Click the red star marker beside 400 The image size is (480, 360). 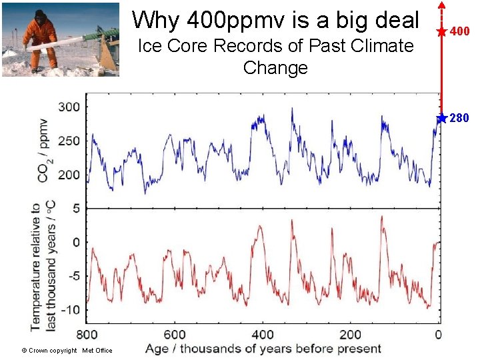click(x=441, y=31)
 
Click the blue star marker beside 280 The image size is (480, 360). click(x=441, y=118)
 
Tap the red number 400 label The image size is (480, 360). click(x=460, y=31)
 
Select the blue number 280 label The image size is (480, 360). click(x=460, y=119)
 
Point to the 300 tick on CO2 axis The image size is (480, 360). click(x=69, y=107)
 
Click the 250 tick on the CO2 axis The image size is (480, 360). click(x=69, y=141)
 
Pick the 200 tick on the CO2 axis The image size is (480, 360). click(x=69, y=175)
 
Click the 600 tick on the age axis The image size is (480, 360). click(x=175, y=334)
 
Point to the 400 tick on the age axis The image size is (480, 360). click(x=263, y=334)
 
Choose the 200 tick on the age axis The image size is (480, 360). click(x=350, y=334)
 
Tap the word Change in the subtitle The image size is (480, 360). click(x=275, y=68)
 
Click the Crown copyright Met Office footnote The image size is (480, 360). click(x=67, y=351)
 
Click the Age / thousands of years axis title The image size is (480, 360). click(x=263, y=349)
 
